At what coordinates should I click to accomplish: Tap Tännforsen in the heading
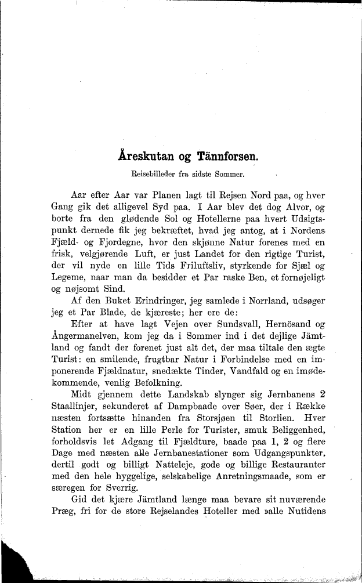tap(223, 156)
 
